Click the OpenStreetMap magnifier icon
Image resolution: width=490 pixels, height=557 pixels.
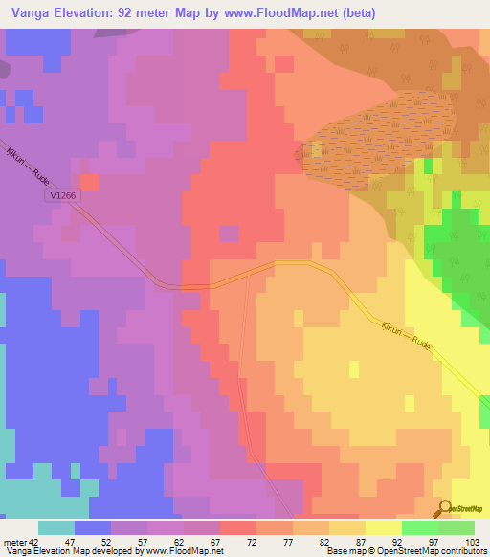click(x=445, y=508)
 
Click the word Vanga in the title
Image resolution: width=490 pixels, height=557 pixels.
click(x=26, y=13)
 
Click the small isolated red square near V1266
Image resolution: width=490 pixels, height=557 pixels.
click(x=89, y=182)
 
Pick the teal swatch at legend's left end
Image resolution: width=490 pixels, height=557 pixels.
click(x=56, y=527)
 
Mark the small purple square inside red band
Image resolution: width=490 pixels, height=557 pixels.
click(x=229, y=233)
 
